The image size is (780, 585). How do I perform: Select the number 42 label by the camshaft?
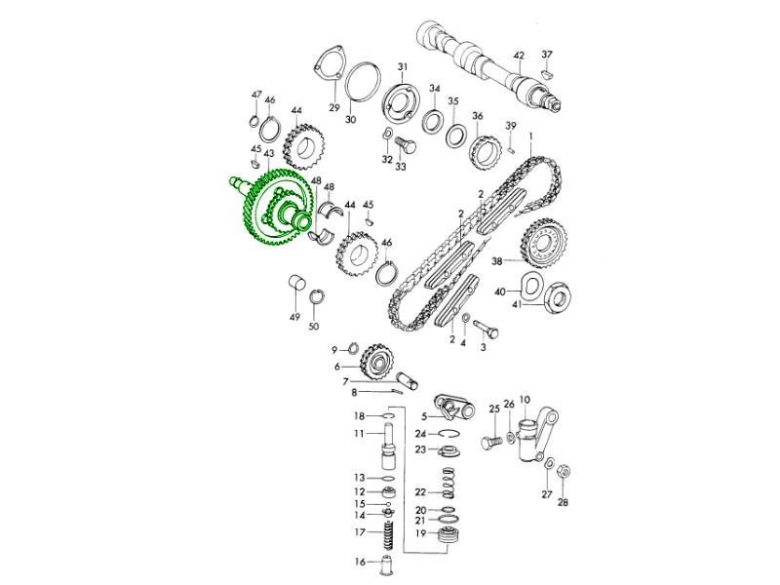pyautogui.click(x=519, y=55)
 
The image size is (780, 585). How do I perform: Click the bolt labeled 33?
pyautogui.click(x=405, y=144)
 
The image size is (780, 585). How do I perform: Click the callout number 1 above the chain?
pyautogui.click(x=530, y=136)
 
